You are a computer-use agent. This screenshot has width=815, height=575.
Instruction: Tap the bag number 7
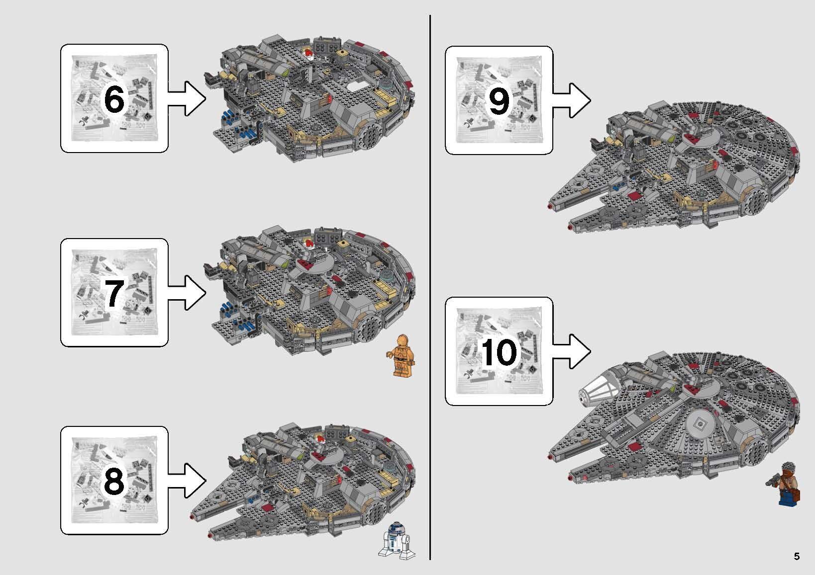pos(113,293)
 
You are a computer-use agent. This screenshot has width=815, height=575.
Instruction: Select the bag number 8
pos(113,481)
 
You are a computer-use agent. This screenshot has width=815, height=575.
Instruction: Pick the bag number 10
pos(499,352)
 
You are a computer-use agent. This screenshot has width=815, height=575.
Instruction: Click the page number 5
pos(797,556)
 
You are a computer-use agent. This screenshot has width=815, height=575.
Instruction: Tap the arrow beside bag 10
pos(571,352)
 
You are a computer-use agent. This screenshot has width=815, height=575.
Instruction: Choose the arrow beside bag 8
pos(187,481)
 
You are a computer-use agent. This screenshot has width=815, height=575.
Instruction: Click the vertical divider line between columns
pos(430,288)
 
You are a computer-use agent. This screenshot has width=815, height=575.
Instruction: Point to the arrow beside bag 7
pos(187,293)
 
